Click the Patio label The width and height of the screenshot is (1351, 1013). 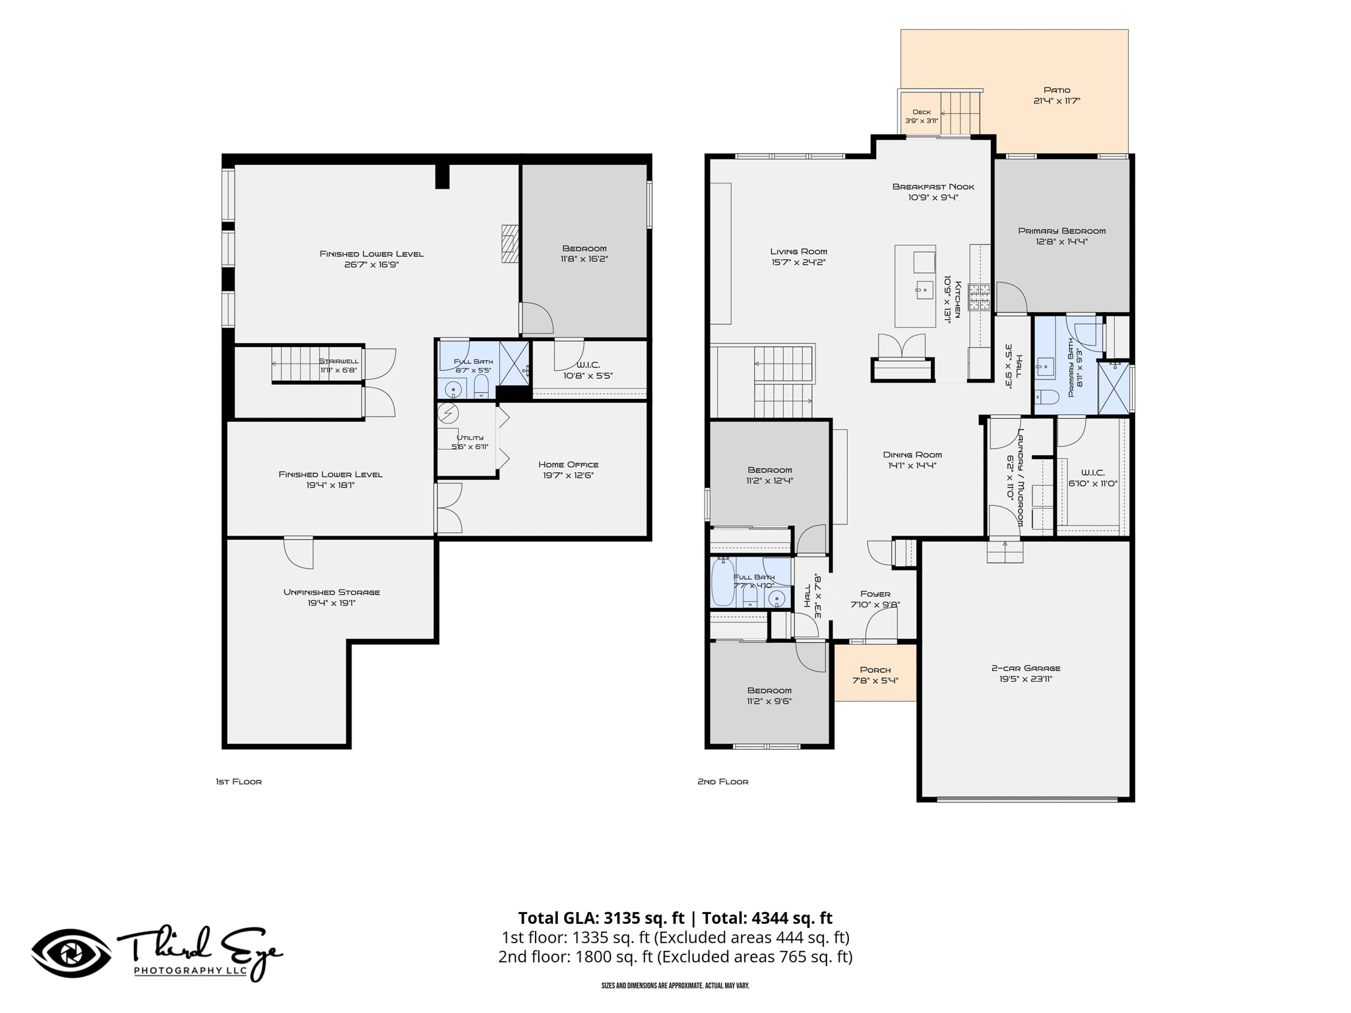(x=1057, y=90)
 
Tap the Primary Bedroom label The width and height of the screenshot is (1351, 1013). (x=1061, y=231)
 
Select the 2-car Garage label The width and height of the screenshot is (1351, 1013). (x=1025, y=668)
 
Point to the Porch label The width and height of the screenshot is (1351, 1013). (x=875, y=670)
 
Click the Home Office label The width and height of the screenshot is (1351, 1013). (x=568, y=464)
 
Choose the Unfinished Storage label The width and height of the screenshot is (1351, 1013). (x=332, y=592)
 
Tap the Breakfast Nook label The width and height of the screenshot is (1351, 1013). (x=933, y=187)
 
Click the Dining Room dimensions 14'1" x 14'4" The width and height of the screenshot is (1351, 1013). (x=912, y=465)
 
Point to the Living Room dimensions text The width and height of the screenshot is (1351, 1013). (x=798, y=262)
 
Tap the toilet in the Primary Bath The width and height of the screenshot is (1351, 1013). (x=1047, y=397)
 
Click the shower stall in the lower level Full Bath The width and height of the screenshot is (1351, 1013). (x=514, y=363)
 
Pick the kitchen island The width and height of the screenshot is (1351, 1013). (x=915, y=286)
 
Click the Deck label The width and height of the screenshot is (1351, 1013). (x=922, y=112)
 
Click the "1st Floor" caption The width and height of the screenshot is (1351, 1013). (x=239, y=782)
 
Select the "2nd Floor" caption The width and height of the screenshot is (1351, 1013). (x=723, y=782)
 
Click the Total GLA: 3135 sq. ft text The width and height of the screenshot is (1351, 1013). (x=600, y=918)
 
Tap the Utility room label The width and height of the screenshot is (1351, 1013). (x=470, y=437)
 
